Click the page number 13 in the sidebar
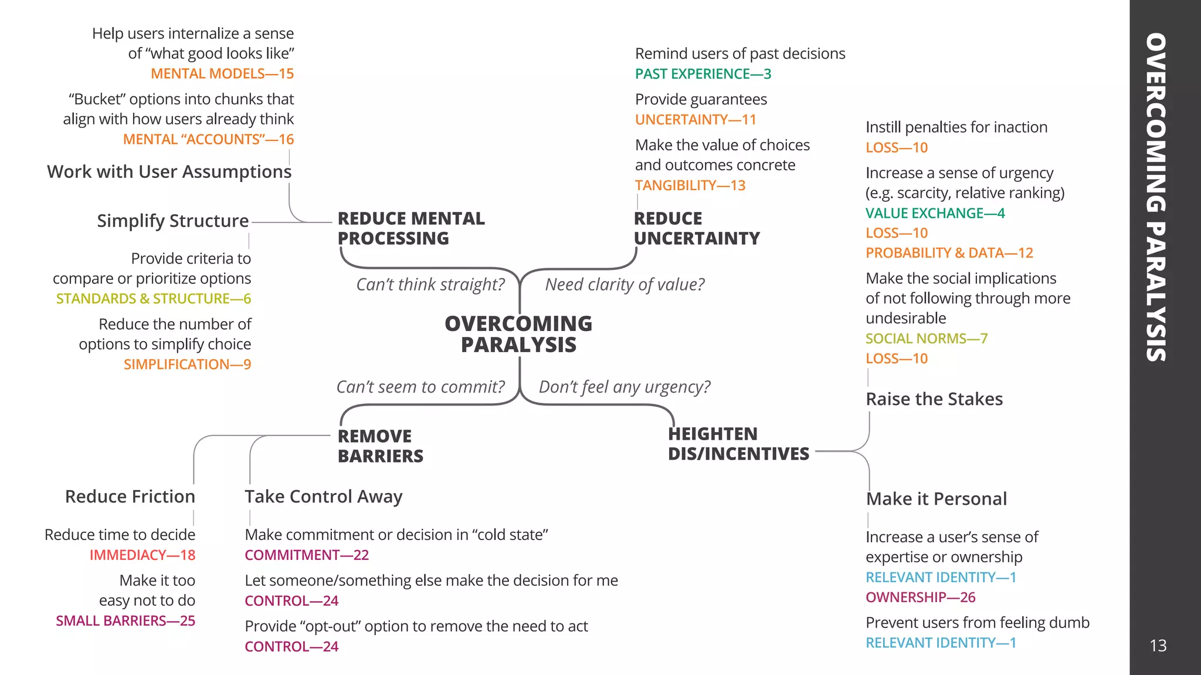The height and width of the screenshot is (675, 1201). click(1158, 646)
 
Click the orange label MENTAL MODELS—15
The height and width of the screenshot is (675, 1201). click(222, 74)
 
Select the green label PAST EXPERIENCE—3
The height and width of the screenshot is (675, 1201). click(703, 74)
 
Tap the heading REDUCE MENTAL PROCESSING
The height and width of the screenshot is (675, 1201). click(410, 228)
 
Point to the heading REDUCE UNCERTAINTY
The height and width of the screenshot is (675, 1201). click(696, 228)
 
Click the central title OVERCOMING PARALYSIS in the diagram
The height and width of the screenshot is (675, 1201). click(518, 334)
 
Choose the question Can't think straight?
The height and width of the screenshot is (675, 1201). click(430, 285)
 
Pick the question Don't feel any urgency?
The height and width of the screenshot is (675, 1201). click(624, 387)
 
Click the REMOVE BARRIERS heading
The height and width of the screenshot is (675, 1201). click(380, 446)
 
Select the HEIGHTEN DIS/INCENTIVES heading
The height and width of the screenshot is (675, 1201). click(738, 444)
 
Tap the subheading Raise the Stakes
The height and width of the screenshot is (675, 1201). click(934, 399)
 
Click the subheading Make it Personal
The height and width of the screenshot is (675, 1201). click(936, 499)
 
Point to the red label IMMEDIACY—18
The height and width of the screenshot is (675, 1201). click(143, 555)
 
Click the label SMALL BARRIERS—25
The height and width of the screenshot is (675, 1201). click(125, 621)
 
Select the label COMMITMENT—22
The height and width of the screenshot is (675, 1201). click(306, 555)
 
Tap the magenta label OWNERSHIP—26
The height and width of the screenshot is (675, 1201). click(920, 598)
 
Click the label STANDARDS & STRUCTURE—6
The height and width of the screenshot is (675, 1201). click(153, 299)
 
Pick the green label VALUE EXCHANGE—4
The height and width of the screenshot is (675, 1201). click(935, 213)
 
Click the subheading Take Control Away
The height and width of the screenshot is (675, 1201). click(323, 497)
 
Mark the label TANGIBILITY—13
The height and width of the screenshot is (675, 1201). click(690, 185)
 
